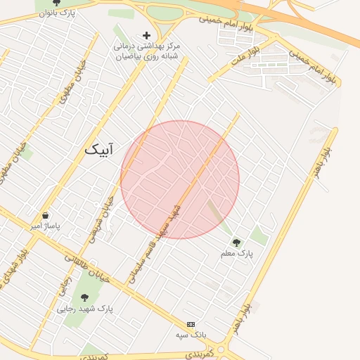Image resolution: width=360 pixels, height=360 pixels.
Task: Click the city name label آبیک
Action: click(102, 149)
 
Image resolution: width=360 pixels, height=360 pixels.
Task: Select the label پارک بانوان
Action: click(58, 13)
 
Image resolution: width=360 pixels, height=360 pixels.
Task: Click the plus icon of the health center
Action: click(146, 35)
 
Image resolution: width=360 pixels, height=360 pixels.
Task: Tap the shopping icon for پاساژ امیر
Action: click(46, 216)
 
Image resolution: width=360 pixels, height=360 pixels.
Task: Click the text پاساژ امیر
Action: click(46, 227)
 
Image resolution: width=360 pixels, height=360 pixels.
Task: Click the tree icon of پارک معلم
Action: click(236, 242)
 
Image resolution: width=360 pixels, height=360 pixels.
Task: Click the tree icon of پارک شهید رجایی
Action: click(85, 297)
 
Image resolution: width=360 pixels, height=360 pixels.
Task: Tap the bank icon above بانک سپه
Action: click(190, 324)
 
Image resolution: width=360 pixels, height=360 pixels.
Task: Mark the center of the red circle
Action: click(180, 179)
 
